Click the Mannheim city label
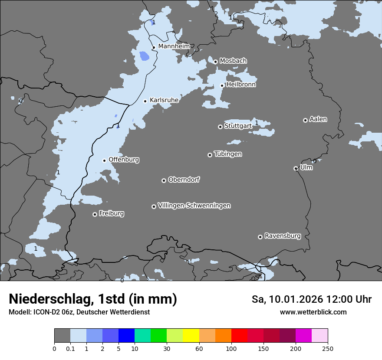(x=174, y=46)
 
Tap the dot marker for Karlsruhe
(x=145, y=101)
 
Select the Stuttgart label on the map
(x=238, y=126)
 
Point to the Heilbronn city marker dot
(x=222, y=85)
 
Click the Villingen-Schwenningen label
(x=194, y=206)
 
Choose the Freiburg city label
(x=111, y=213)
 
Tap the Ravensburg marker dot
(x=260, y=237)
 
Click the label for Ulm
(x=306, y=167)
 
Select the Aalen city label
(x=318, y=119)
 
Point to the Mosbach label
(x=233, y=61)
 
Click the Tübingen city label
(x=228, y=154)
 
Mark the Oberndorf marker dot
(x=164, y=180)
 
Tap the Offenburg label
(x=124, y=160)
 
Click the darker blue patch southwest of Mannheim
(x=144, y=56)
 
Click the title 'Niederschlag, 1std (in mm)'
(x=93, y=299)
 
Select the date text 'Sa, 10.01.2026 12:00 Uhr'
(x=311, y=299)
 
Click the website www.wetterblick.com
(x=313, y=312)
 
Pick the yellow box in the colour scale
(x=191, y=336)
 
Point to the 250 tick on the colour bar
(x=328, y=348)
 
